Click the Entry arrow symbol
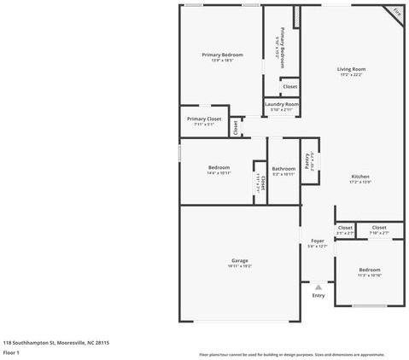click(x=318, y=287)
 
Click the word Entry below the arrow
click(x=318, y=296)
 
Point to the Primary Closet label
click(x=204, y=120)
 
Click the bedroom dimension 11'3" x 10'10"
click(x=369, y=276)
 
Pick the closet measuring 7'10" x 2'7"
click(x=378, y=229)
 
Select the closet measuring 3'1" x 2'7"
click(x=344, y=229)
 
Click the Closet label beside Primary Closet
click(x=236, y=127)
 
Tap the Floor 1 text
click(x=12, y=351)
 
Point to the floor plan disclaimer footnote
click(x=291, y=354)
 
